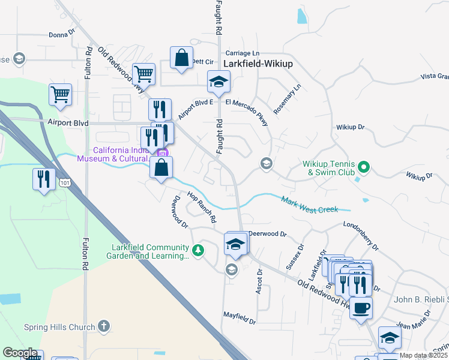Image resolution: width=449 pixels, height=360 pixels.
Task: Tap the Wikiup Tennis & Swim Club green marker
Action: [x=363, y=166]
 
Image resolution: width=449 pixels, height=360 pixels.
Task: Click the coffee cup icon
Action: [x=361, y=308]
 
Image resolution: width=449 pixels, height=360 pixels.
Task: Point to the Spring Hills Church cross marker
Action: [x=103, y=326]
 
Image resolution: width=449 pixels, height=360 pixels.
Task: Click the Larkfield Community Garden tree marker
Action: [x=197, y=250]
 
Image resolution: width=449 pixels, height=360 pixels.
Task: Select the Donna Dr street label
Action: [x=62, y=35]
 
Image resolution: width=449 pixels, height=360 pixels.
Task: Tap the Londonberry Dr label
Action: [x=361, y=235]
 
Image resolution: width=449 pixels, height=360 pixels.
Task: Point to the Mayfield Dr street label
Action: [x=240, y=316]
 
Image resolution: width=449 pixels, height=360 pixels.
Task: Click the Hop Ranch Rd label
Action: [x=201, y=208]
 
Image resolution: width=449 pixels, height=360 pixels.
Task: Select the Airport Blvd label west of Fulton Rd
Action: [x=68, y=123]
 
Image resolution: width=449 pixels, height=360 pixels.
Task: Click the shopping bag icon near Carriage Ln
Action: [x=181, y=58]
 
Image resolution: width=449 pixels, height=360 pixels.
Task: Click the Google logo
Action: [x=19, y=353]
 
